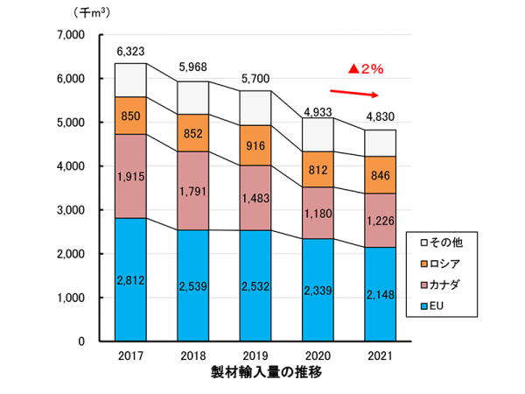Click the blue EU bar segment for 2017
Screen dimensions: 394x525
point(130,279)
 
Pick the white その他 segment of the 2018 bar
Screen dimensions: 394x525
point(193,97)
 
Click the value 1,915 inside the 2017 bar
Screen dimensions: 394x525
point(130,176)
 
